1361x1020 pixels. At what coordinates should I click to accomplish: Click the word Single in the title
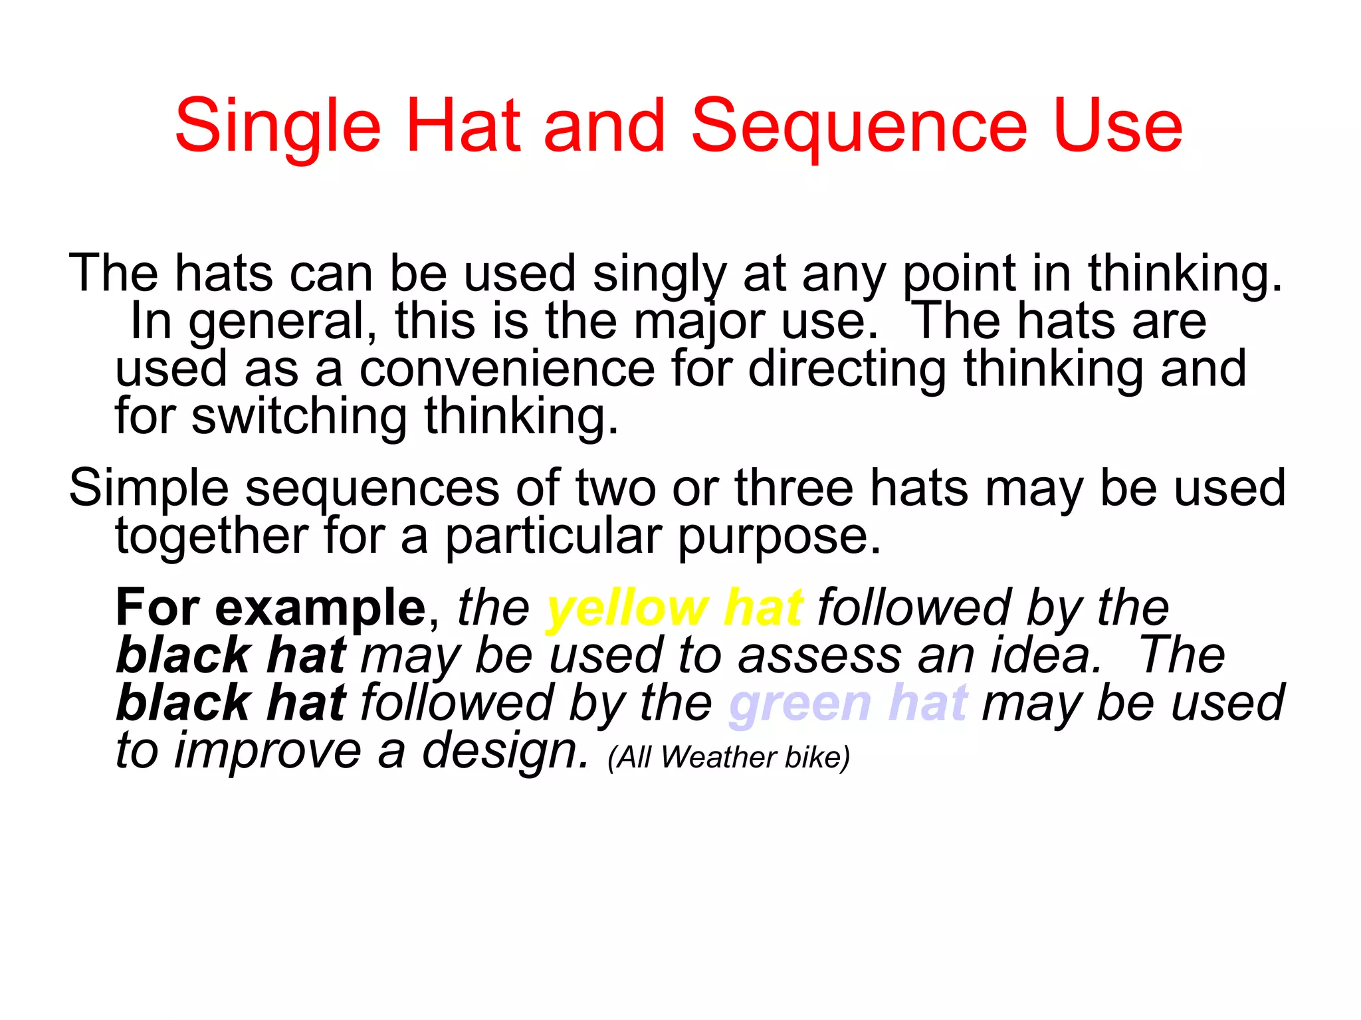(277, 126)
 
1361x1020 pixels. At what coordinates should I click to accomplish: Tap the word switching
(299, 417)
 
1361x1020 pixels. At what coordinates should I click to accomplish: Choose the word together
(211, 536)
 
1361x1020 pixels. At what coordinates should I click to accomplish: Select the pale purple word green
(799, 703)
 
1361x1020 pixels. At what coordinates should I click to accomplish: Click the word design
(505, 751)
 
